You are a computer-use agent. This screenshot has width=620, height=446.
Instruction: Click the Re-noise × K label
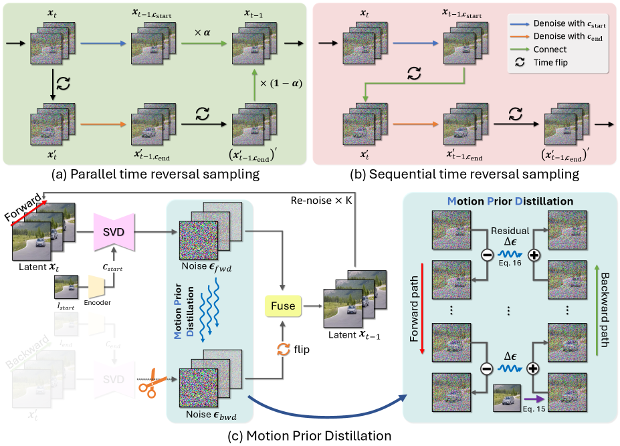point(320,201)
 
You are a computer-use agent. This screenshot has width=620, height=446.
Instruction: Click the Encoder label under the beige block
point(97,302)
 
